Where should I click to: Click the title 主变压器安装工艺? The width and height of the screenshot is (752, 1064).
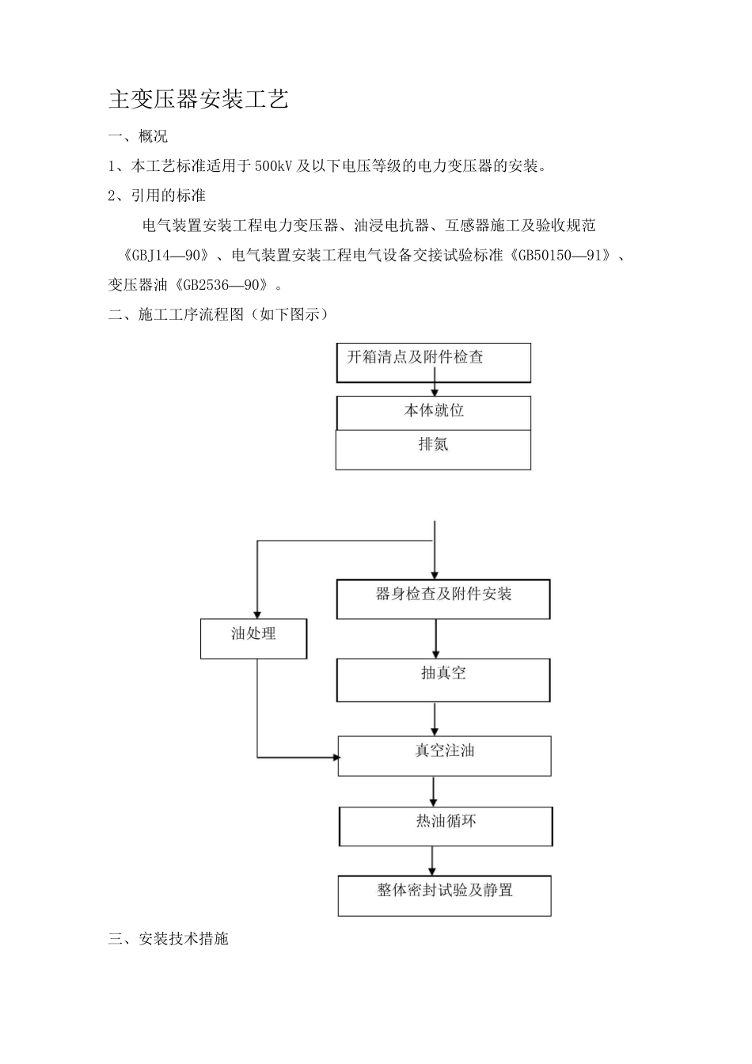pyautogui.click(x=199, y=99)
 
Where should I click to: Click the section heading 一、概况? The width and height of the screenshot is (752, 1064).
pyautogui.click(x=138, y=136)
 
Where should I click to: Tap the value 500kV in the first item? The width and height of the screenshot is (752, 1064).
pyautogui.click(x=274, y=165)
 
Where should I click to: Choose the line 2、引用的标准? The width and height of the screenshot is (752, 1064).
pyautogui.click(x=157, y=195)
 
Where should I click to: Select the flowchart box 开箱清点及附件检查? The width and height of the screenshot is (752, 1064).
pyautogui.click(x=433, y=363)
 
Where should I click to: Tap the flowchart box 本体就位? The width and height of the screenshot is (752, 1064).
pyautogui.click(x=434, y=412)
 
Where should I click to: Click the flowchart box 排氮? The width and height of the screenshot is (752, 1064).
pyautogui.click(x=433, y=449)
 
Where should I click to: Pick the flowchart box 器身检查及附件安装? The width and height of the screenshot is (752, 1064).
pyautogui.click(x=443, y=598)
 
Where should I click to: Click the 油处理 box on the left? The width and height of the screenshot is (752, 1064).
pyautogui.click(x=253, y=638)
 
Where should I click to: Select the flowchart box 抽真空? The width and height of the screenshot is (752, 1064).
pyautogui.click(x=443, y=679)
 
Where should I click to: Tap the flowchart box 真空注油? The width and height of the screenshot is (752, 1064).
pyautogui.click(x=444, y=755)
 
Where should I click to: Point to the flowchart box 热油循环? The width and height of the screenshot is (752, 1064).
pyautogui.click(x=446, y=826)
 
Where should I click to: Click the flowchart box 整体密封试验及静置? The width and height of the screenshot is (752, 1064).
pyautogui.click(x=444, y=895)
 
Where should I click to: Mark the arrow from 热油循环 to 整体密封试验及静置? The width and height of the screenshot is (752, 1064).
pyautogui.click(x=432, y=861)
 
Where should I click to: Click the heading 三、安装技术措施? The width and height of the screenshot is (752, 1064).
pyautogui.click(x=168, y=939)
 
